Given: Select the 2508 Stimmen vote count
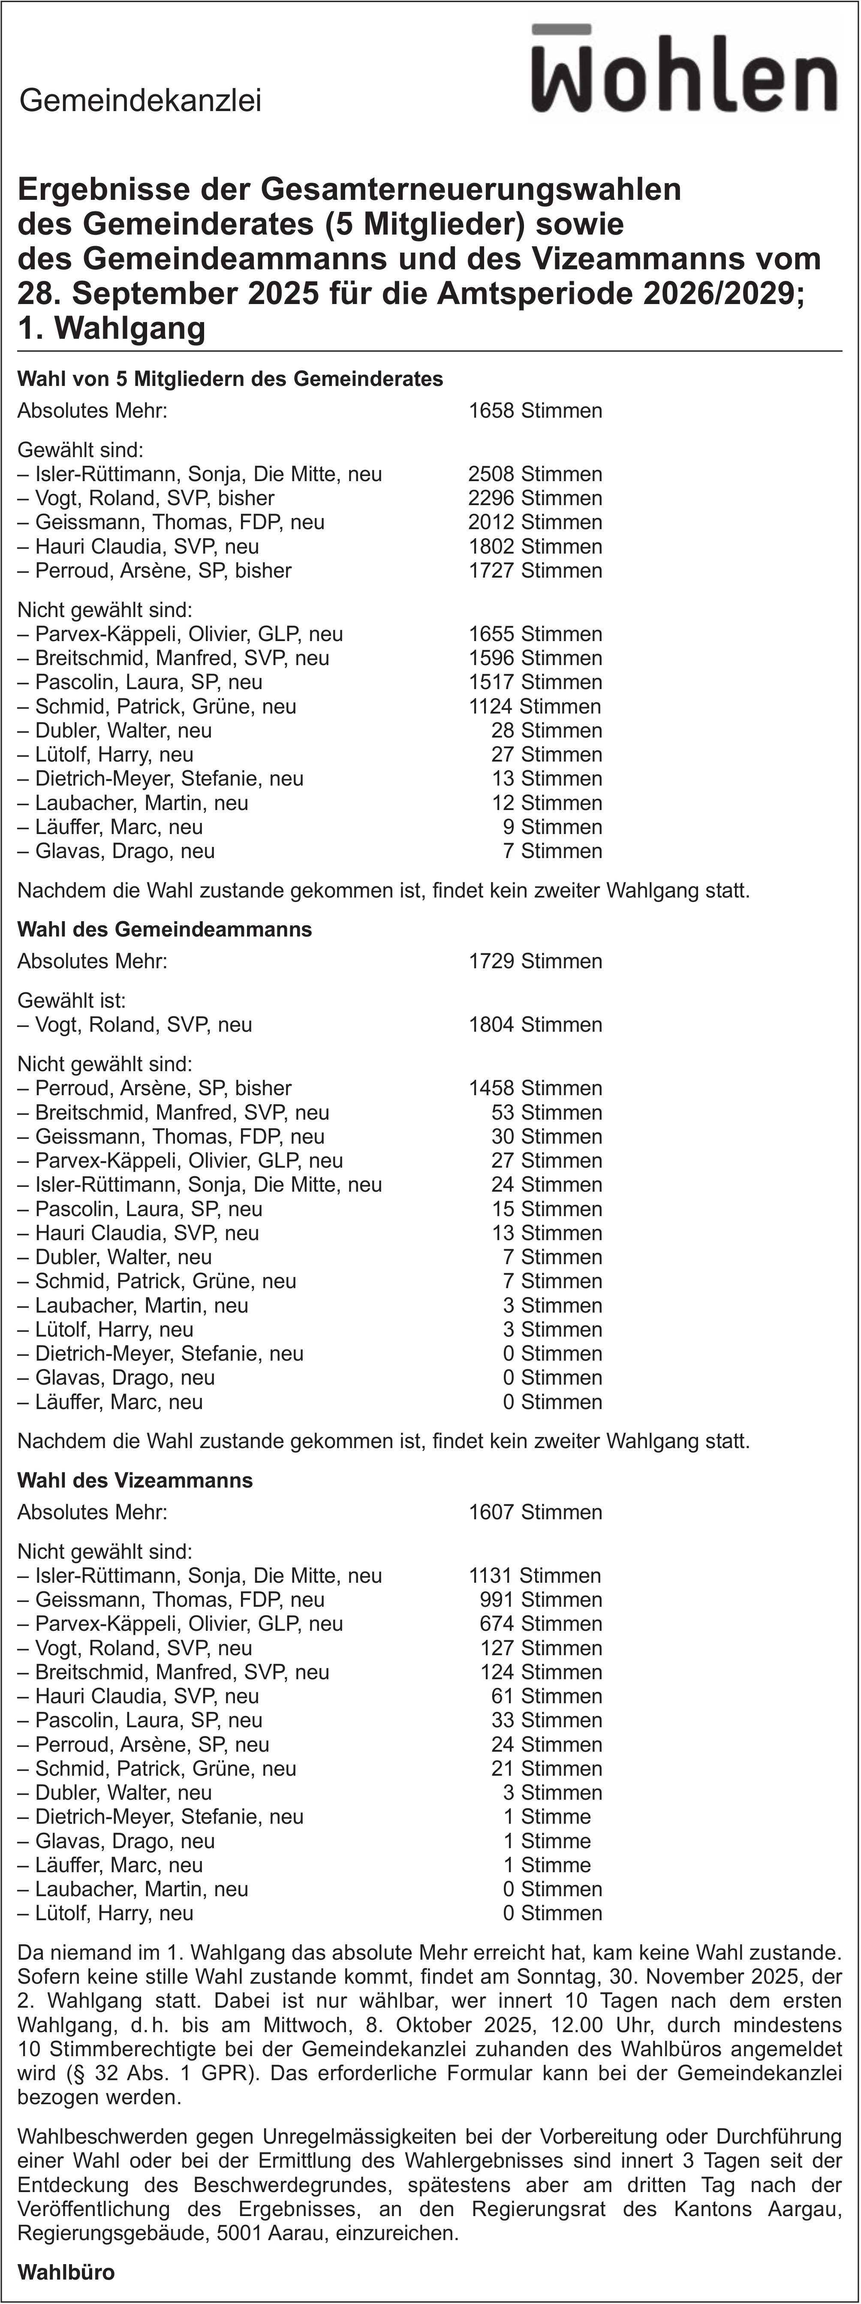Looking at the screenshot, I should [x=535, y=474].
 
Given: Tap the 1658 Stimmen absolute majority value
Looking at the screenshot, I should [x=535, y=411].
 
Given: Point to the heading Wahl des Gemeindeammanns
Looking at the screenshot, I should [x=165, y=929].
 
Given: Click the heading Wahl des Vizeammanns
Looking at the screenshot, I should [x=135, y=1480].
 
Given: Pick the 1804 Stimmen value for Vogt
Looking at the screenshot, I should [x=535, y=1025].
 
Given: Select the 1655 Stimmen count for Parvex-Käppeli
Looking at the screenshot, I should [x=535, y=634].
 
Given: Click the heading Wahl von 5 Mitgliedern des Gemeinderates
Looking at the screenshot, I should [x=230, y=379].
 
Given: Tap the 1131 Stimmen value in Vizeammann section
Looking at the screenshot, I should [x=535, y=1576].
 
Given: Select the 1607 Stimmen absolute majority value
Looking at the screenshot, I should [x=535, y=1512].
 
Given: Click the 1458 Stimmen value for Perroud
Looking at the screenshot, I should [x=535, y=1088].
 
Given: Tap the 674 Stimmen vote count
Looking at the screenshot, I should [x=540, y=1624].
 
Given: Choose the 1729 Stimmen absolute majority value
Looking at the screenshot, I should [x=535, y=961].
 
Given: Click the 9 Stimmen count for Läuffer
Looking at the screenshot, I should [x=552, y=827].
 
